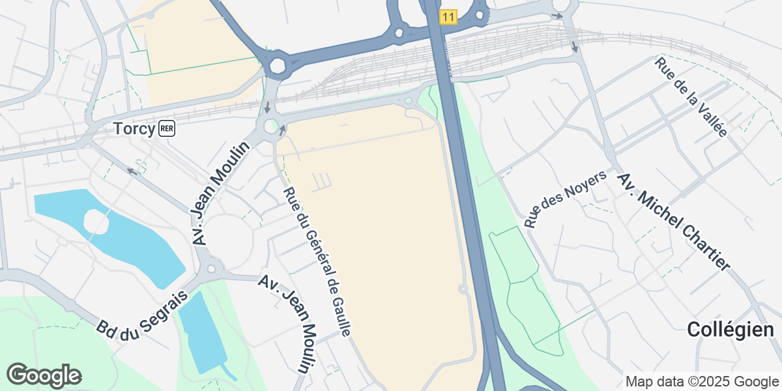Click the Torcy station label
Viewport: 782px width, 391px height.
pyautogui.click(x=135, y=128)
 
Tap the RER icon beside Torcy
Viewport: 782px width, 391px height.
pyautogui.click(x=166, y=129)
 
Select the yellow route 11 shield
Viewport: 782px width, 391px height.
pyautogui.click(x=448, y=17)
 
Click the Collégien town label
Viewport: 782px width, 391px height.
pyautogui.click(x=729, y=330)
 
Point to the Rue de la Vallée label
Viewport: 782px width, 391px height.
pyautogui.click(x=691, y=96)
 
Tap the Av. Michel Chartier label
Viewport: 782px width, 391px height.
pyautogui.click(x=673, y=222)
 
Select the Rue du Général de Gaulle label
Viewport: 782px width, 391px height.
pyautogui.click(x=317, y=261)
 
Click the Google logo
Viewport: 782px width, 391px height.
pyautogui.click(x=44, y=375)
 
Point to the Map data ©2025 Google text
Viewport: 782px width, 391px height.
pyautogui.click(x=701, y=381)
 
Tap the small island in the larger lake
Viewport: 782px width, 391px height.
pyautogui.click(x=96, y=222)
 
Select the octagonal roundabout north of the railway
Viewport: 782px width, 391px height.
pyautogui.click(x=278, y=65)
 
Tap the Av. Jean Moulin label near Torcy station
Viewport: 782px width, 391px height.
pyautogui.click(x=222, y=194)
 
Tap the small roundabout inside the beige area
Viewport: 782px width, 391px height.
pyautogui.click(x=463, y=289)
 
